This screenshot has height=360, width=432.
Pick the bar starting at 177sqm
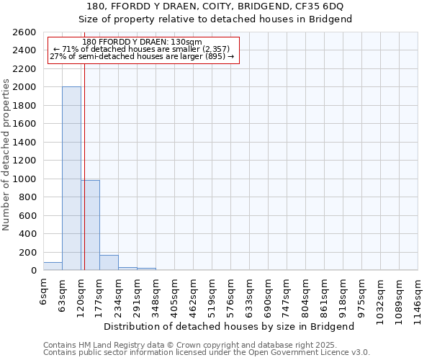point(109,263)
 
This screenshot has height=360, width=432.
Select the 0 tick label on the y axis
point(34,271)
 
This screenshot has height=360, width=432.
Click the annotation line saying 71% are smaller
point(142,49)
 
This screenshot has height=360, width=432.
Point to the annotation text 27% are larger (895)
point(142,56)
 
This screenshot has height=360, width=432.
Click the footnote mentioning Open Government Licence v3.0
point(207,353)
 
